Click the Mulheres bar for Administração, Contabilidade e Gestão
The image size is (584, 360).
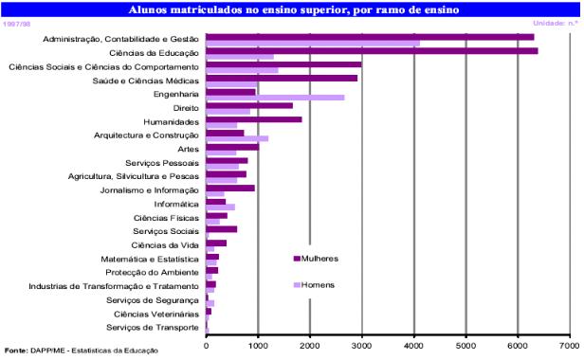tap(370, 37)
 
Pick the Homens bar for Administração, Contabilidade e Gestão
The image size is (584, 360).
tap(313, 43)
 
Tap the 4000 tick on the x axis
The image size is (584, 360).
tap(413, 347)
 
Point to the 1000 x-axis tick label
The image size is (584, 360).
tap(258, 347)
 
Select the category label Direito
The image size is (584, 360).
tap(185, 108)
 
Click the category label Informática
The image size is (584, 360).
tap(176, 204)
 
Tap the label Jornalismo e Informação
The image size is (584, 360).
tap(149, 189)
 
